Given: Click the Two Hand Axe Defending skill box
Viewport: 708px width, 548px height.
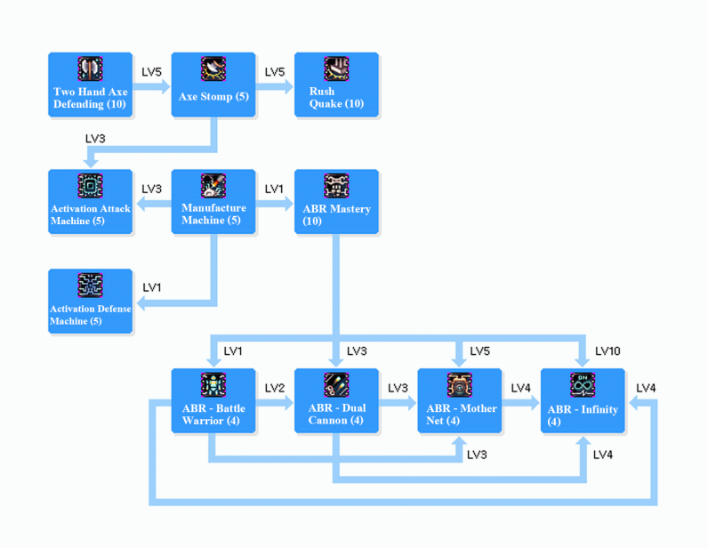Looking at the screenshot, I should pyautogui.click(x=90, y=85).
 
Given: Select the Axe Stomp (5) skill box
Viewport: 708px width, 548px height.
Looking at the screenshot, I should pyautogui.click(x=213, y=85).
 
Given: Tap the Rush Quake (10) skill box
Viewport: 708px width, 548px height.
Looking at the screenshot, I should pyautogui.click(x=336, y=85).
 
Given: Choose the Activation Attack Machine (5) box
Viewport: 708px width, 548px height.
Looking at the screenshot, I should pyautogui.click(x=90, y=202).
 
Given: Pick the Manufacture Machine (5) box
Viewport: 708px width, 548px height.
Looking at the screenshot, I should pyautogui.click(x=213, y=202).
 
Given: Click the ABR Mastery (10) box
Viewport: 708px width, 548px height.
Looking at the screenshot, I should pyautogui.click(x=336, y=202).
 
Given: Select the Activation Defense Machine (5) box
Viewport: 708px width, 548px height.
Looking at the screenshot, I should pyautogui.click(x=90, y=302).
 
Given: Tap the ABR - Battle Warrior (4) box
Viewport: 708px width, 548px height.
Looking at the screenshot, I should pyautogui.click(x=213, y=401).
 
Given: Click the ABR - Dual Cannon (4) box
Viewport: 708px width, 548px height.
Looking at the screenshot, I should pyautogui.click(x=336, y=401).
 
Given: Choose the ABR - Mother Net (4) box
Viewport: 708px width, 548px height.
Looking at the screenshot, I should pyautogui.click(x=460, y=401).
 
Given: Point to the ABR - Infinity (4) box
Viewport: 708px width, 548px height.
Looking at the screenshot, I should pyautogui.click(x=583, y=401).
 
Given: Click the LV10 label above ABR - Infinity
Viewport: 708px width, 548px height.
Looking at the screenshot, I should pyautogui.click(x=607, y=351).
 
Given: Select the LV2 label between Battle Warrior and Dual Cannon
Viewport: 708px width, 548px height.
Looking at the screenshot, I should pyautogui.click(x=275, y=389).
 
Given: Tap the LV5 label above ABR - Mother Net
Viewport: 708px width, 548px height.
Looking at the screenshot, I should pyautogui.click(x=479, y=351).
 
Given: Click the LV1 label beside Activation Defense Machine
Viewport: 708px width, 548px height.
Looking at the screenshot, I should pyautogui.click(x=152, y=287).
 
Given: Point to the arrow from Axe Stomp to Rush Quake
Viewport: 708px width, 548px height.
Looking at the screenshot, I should pyautogui.click(x=275, y=87).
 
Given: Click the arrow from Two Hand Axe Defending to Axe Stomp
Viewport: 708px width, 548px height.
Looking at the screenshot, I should pyautogui.click(x=152, y=87).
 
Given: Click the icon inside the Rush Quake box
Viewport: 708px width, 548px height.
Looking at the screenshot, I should pyautogui.click(x=336, y=68).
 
